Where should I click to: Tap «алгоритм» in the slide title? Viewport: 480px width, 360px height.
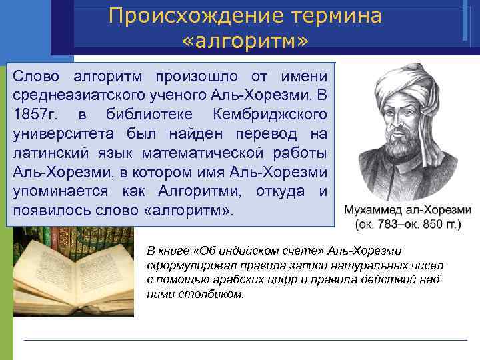[x=245, y=42]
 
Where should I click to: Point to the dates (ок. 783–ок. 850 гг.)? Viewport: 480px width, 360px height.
[x=407, y=225]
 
